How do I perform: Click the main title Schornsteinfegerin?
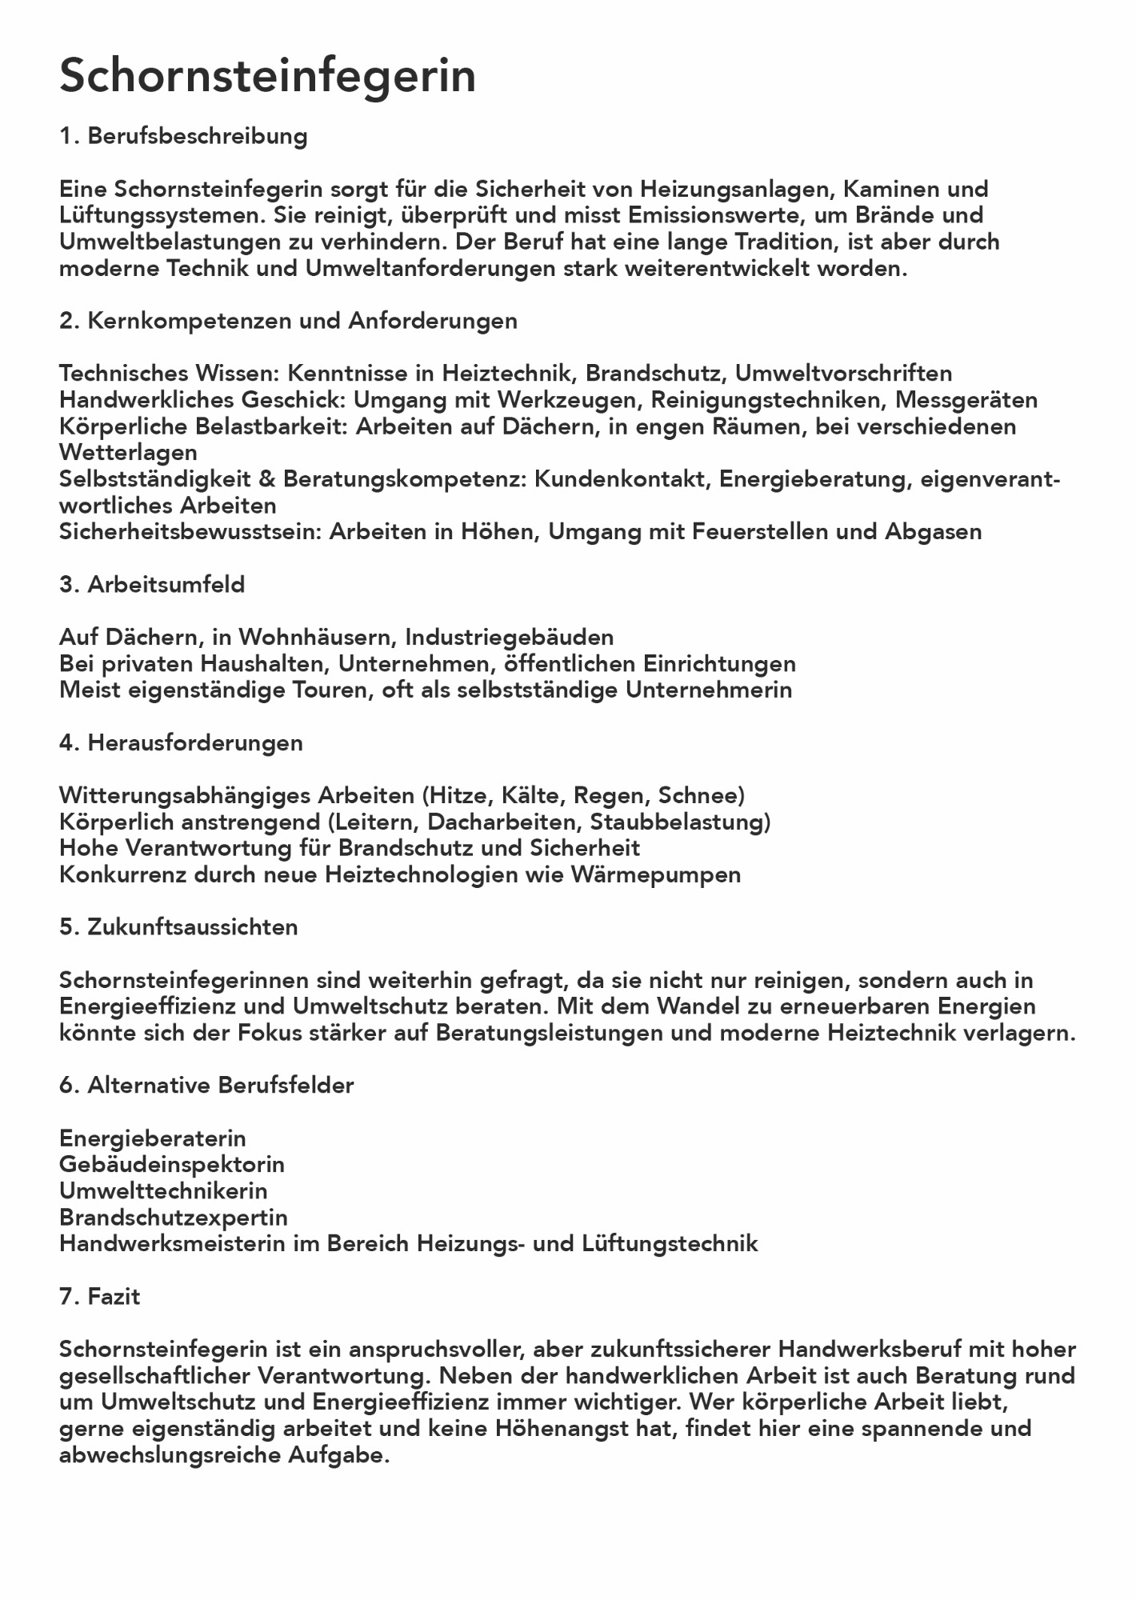[267, 77]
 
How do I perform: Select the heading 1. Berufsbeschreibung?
[183, 136]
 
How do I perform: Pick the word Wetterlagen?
[128, 452]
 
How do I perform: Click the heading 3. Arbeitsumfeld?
[152, 585]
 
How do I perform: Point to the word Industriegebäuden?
[509, 637]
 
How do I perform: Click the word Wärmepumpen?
[655, 874]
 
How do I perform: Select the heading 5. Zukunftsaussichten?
[178, 927]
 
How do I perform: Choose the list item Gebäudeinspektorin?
[172, 1164]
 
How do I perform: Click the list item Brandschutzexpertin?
[174, 1217]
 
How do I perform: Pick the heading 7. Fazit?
[99, 1296]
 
